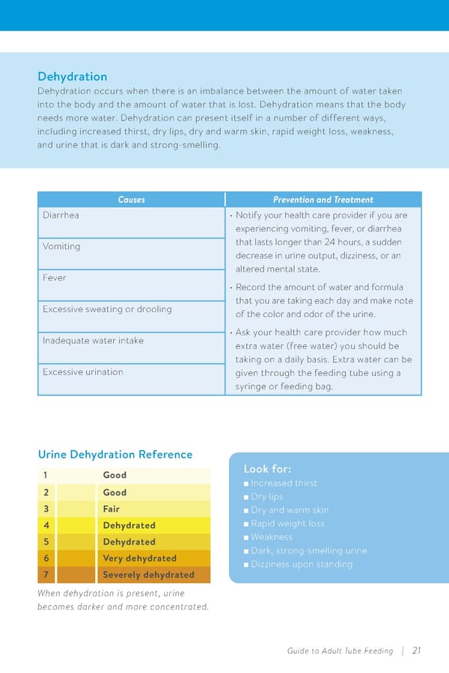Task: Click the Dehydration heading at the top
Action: click(72, 76)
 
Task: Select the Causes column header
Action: click(131, 200)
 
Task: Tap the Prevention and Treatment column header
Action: click(323, 200)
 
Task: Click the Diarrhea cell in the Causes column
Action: click(61, 215)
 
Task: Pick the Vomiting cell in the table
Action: click(61, 247)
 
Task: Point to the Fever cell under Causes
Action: click(54, 278)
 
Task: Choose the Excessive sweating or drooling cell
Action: click(107, 310)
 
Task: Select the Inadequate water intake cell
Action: click(93, 341)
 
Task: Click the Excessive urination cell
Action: click(82, 372)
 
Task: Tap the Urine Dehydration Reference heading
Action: click(114, 455)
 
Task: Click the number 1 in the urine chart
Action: click(46, 475)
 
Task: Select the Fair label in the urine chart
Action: click(111, 508)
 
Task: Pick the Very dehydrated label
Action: click(139, 559)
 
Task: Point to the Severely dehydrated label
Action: click(148, 575)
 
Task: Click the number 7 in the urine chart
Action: click(46, 575)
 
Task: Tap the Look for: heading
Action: click(267, 469)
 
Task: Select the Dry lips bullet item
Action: click(266, 497)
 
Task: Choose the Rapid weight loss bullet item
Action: click(287, 523)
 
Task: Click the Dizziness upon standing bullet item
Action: click(301, 564)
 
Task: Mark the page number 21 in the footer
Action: click(416, 651)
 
